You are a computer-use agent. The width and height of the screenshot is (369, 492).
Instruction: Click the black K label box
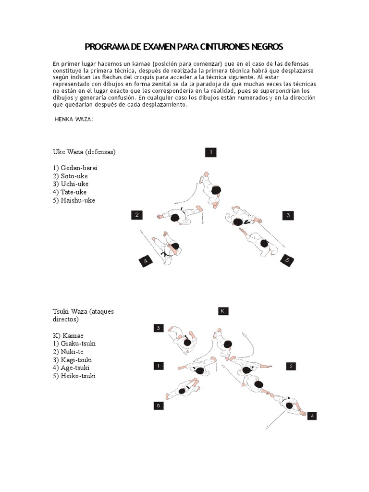(222, 311)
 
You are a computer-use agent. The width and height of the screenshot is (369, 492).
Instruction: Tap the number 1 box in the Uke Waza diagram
(210, 152)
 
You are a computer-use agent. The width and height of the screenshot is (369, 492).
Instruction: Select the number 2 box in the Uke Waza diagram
(137, 215)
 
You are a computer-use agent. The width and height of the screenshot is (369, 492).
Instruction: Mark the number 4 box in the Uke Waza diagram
(146, 261)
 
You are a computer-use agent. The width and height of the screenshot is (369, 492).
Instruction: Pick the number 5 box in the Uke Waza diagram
(287, 260)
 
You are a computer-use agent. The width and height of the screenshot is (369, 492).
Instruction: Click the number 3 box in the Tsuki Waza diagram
(159, 328)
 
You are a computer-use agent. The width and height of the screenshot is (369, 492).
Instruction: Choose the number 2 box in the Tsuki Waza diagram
(290, 366)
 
